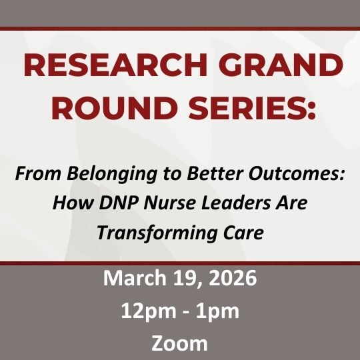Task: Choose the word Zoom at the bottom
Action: click(x=179, y=343)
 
